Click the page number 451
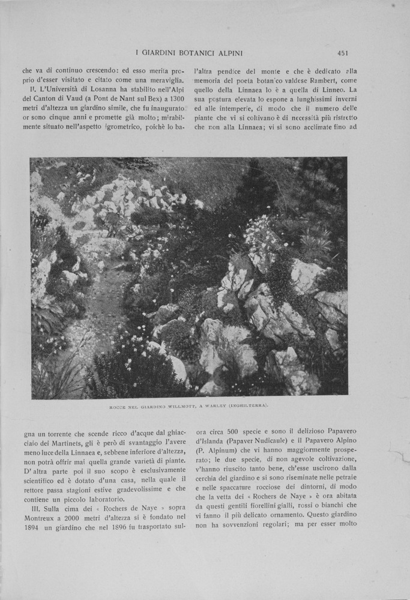pos(343,53)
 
